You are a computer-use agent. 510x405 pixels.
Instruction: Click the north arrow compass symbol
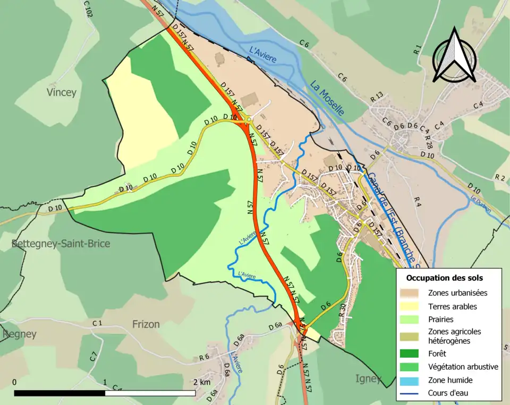pyautogui.click(x=454, y=56)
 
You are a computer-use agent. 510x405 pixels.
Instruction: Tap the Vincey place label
pyautogui.click(x=61, y=92)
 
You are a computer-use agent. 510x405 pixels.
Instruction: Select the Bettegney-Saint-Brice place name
pyautogui.click(x=61, y=244)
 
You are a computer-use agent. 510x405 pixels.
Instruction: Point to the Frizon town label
pyautogui.click(x=146, y=324)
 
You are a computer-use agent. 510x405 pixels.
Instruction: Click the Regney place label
pyautogui.click(x=19, y=334)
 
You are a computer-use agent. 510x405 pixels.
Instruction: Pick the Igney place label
pyautogui.click(x=368, y=378)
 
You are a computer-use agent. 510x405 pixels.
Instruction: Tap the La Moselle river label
pyautogui.click(x=327, y=98)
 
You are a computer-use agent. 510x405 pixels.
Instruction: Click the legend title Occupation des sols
pyautogui.click(x=445, y=278)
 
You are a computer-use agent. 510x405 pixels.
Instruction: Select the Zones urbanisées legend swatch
pyautogui.click(x=414, y=292)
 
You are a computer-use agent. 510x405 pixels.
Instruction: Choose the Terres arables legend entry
pyautogui.click(x=452, y=306)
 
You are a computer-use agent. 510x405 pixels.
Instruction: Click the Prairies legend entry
pyautogui.click(x=440, y=320)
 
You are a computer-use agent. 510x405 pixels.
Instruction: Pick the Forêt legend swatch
pyautogui.click(x=414, y=353)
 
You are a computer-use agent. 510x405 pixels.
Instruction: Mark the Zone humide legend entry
pyautogui.click(x=450, y=380)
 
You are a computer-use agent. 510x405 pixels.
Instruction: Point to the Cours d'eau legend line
pyautogui.click(x=414, y=393)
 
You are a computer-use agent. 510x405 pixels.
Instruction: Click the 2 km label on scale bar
pyautogui.click(x=202, y=382)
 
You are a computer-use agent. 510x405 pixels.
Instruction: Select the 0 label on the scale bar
pyautogui.click(x=14, y=382)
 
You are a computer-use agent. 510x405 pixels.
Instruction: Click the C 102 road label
pyautogui.click(x=88, y=9)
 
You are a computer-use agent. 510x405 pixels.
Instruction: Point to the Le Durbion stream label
pyautogui.click(x=480, y=204)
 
